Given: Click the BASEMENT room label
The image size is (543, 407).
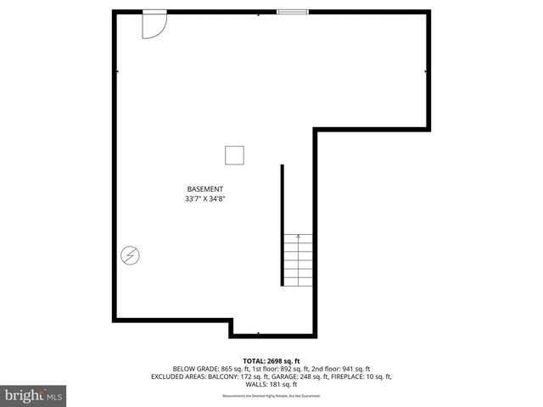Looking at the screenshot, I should pyautogui.click(x=205, y=188).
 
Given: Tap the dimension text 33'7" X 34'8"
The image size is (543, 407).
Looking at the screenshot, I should pyautogui.click(x=205, y=199).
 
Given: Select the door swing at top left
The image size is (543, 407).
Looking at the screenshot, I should pyautogui.click(x=154, y=25).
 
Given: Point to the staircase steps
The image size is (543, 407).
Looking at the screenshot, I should pyautogui.click(x=298, y=263).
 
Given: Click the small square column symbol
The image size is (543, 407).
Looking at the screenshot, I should pyautogui.click(x=235, y=155).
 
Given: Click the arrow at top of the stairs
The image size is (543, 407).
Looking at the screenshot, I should pyautogui.click(x=298, y=237).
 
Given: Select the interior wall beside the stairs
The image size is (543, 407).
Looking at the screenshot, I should pyautogui.click(x=283, y=225).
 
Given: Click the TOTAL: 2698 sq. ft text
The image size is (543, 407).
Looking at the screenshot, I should pyautogui.click(x=271, y=360).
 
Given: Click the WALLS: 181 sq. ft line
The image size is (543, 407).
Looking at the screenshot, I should pyautogui.click(x=271, y=384).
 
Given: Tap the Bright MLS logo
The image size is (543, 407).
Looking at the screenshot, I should pyautogui.click(x=34, y=395).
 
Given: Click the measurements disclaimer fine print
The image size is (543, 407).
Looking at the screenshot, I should pyautogui.click(x=271, y=396).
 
